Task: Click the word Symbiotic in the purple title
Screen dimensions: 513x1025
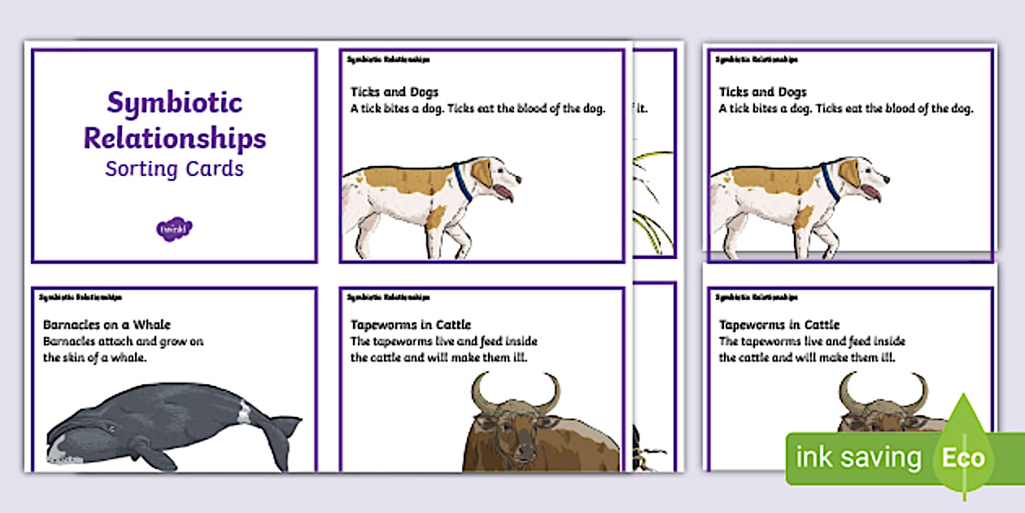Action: tap(174, 103)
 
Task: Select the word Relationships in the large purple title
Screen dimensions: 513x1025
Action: tap(174, 138)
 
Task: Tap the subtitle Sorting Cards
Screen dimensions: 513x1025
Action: tap(174, 169)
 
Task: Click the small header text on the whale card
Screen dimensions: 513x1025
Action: tap(81, 297)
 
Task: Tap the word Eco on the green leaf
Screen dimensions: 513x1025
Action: tap(963, 457)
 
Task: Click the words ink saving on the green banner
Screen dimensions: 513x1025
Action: tap(858, 458)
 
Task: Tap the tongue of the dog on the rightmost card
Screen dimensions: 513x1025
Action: tap(873, 192)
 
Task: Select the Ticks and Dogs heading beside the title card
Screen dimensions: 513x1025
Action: tap(395, 92)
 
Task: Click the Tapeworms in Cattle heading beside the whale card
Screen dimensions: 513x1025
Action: tap(411, 325)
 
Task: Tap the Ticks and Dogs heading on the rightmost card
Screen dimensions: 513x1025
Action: tap(763, 92)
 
